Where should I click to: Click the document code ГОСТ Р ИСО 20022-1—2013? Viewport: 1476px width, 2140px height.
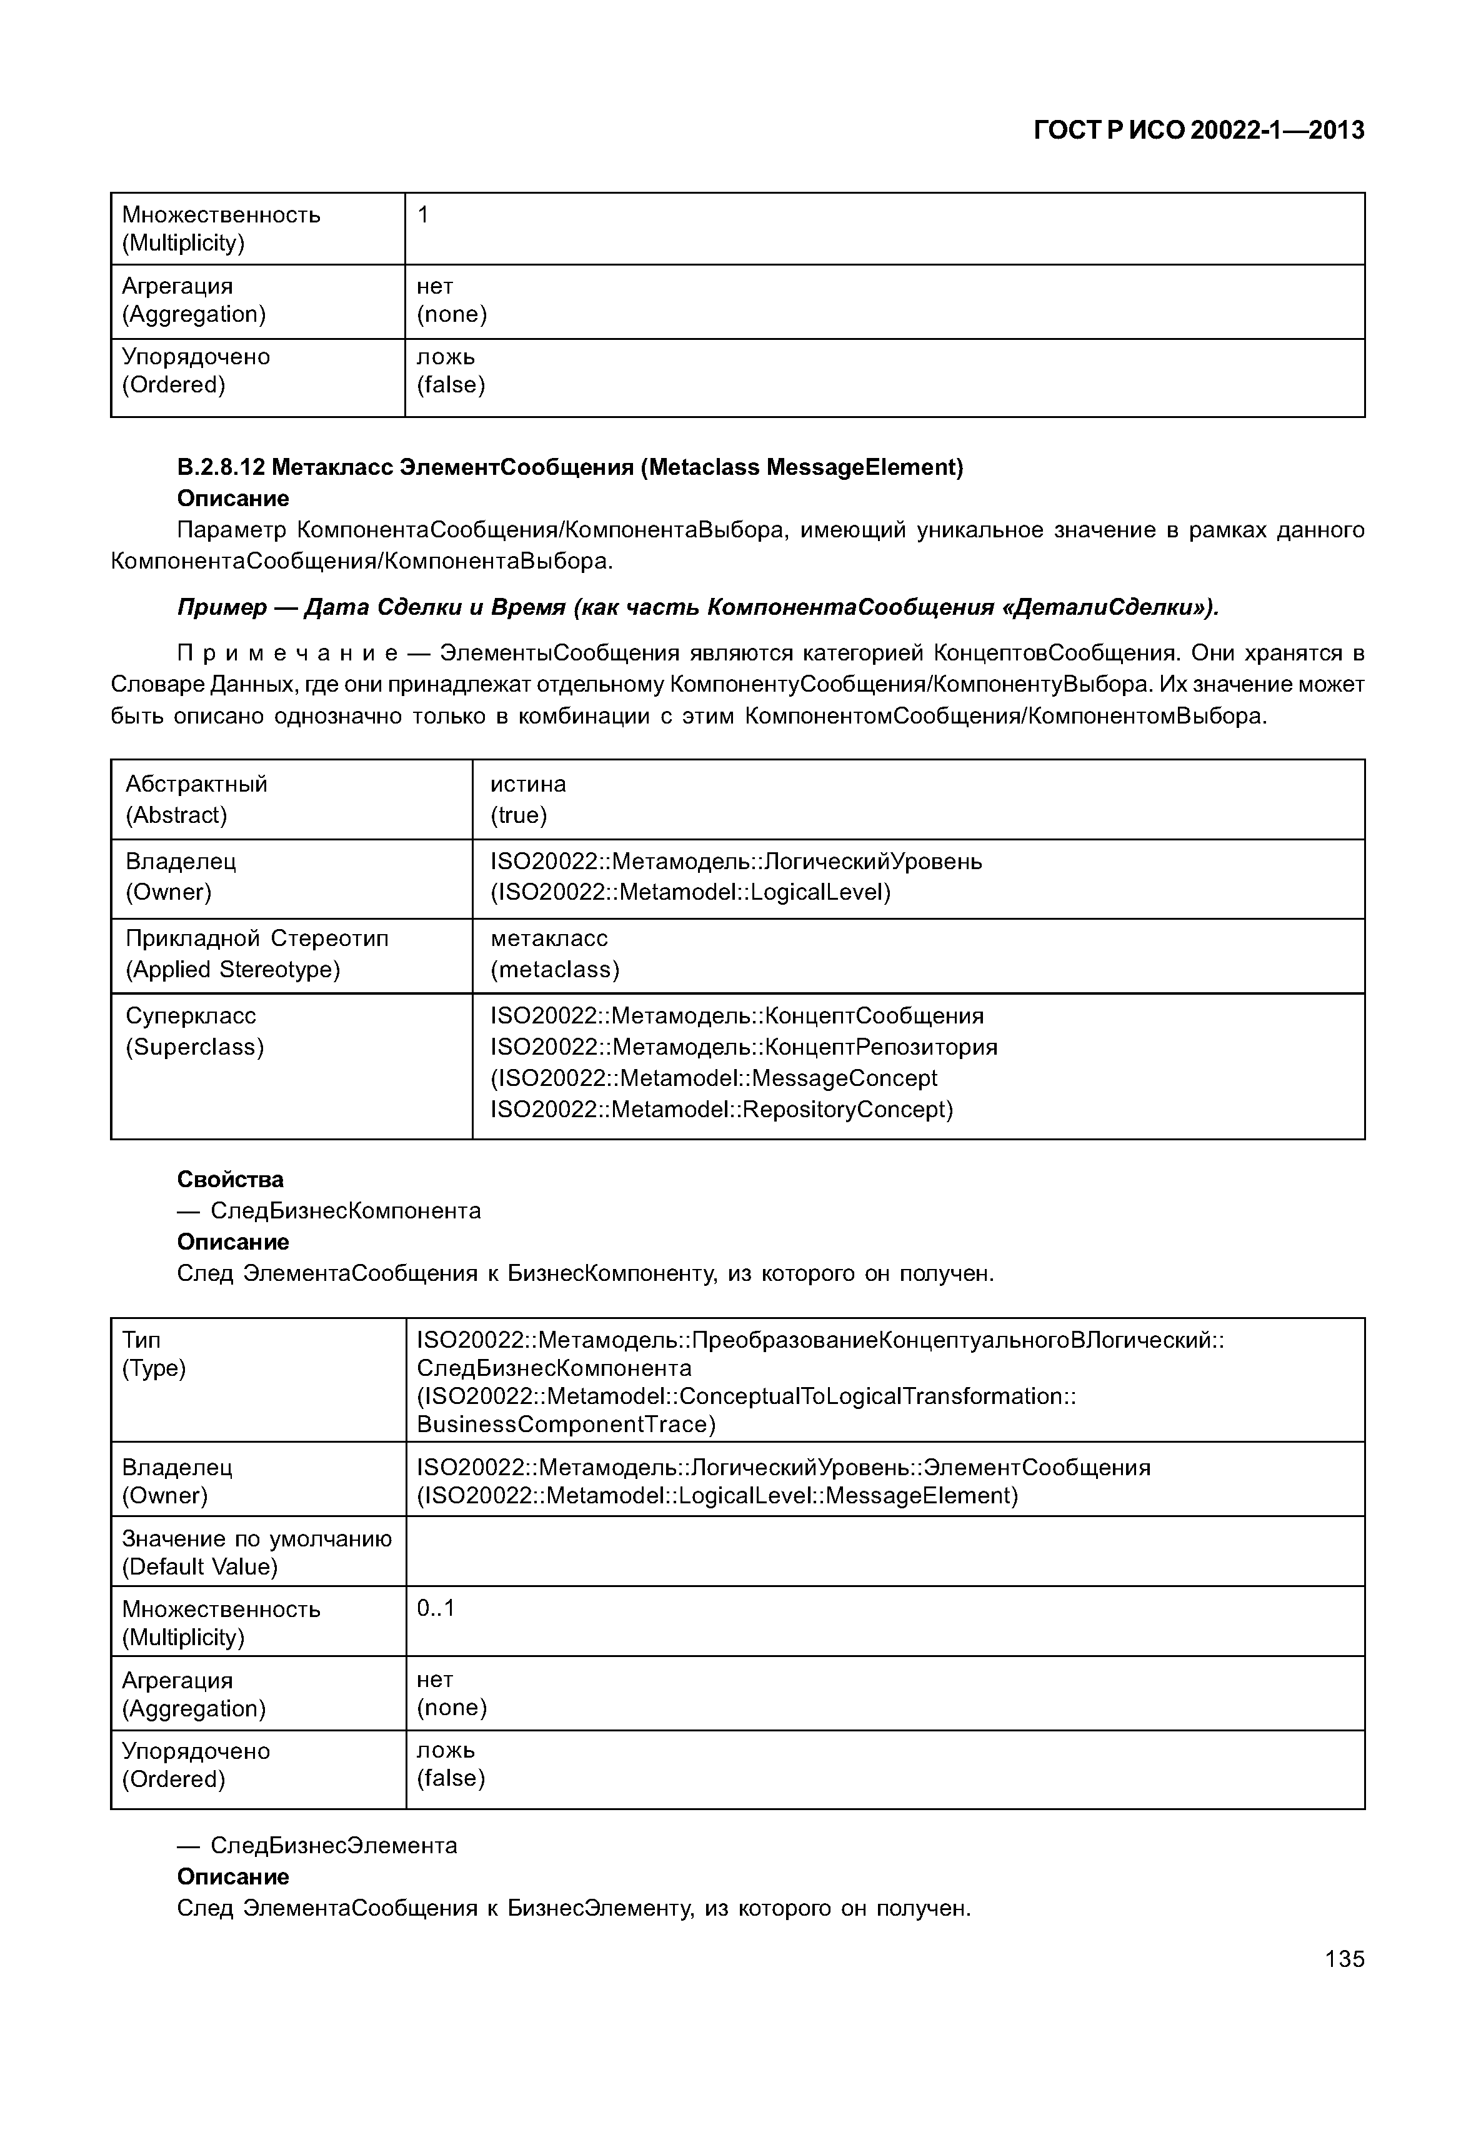click(x=1198, y=131)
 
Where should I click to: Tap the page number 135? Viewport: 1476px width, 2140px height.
click(x=1344, y=1959)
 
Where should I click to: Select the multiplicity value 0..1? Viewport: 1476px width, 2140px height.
click(x=436, y=1608)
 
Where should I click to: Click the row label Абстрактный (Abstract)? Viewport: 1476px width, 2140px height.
click(x=196, y=799)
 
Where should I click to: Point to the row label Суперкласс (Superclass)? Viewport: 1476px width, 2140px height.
click(x=194, y=1031)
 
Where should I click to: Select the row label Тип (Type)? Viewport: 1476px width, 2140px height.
click(x=154, y=1354)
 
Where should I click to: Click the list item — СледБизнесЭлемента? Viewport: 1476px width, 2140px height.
click(x=316, y=1845)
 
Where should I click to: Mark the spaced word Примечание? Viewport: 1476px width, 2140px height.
click(x=287, y=654)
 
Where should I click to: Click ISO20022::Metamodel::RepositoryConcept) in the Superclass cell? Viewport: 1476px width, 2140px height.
click(x=721, y=1109)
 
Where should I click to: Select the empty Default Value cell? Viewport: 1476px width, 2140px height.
click(x=884, y=1551)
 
